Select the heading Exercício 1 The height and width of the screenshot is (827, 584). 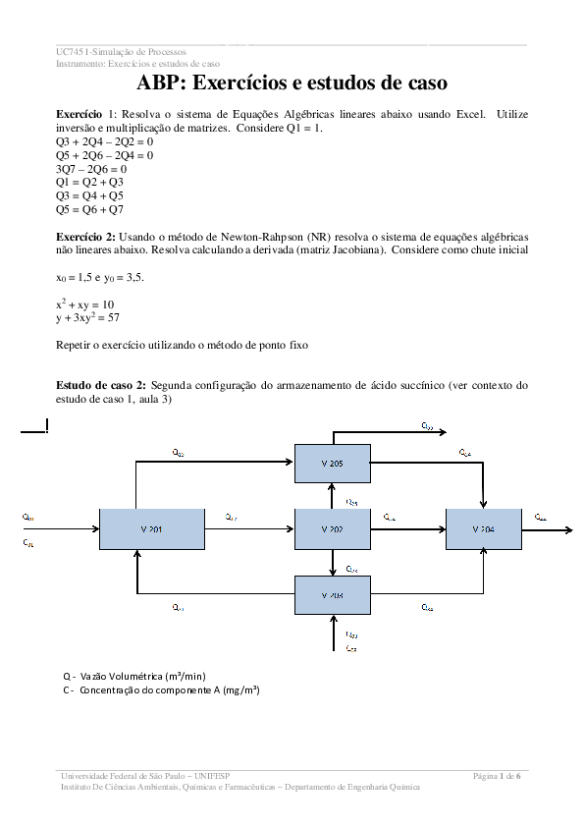pos(87,115)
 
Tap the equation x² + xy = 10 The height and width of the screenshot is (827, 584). pos(85,304)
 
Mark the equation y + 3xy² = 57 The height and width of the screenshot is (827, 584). pos(88,318)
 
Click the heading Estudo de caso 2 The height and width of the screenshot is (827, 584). pos(102,385)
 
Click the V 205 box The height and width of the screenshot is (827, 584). pos(333,463)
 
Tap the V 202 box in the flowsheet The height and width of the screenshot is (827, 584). pos(333,528)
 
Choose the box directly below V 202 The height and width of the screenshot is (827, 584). pos(333,595)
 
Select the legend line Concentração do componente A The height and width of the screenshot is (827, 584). pos(161,689)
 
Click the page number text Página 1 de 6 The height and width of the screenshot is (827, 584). pos(498,776)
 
